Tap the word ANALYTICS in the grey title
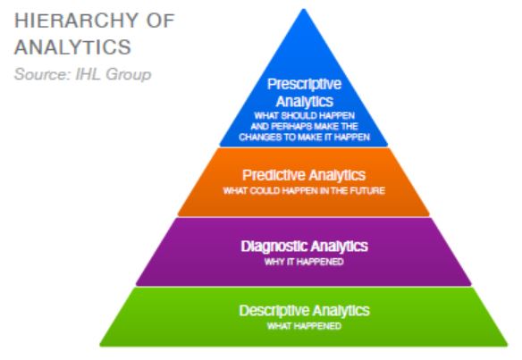pos(73,47)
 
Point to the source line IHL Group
pos(114,74)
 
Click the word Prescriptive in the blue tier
pos(304,84)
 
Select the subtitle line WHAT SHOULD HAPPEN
pos(304,116)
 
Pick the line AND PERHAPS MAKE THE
pos(304,127)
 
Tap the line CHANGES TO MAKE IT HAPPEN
pos(304,137)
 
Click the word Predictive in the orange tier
pos(274,175)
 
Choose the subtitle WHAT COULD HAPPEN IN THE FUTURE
pos(304,190)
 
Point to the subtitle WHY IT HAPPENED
pos(304,262)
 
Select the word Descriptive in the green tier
pos(274,311)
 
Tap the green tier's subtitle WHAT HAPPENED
pos(304,326)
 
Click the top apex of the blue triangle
pos(304,9)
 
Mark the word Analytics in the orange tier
pos(337,176)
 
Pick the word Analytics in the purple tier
pos(340,247)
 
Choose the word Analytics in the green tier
pos(341,311)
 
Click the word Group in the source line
pos(129,74)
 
